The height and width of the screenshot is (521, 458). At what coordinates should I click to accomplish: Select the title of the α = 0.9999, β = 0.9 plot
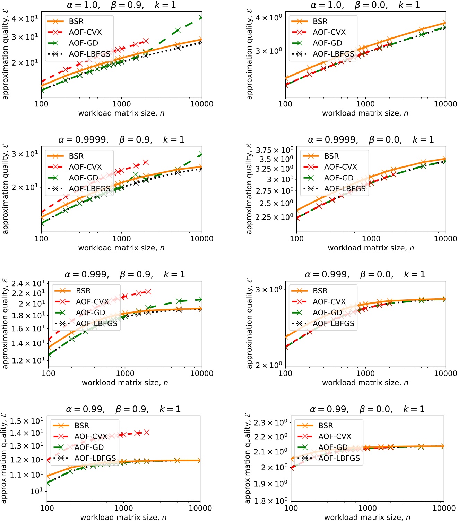121,140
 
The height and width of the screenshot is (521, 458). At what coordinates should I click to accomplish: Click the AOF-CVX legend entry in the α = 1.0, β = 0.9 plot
85,32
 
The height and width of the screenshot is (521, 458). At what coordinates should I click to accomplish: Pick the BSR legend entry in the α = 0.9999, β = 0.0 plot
331,156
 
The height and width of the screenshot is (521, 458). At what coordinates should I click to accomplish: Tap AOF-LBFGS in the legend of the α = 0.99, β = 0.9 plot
95,458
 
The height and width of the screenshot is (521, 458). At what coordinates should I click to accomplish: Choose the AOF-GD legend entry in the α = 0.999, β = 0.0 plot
327,313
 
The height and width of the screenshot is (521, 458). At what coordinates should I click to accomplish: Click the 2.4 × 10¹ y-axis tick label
28,284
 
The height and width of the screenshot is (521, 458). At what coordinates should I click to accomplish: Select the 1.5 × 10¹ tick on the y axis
27,421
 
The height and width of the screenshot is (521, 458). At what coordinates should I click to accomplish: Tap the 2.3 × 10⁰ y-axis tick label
270,423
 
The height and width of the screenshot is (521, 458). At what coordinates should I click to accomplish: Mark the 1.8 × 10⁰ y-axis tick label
270,501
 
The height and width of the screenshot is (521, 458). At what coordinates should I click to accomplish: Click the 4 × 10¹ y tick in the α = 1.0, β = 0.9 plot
25,18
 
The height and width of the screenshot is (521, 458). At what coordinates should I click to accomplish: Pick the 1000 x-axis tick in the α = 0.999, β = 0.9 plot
125,374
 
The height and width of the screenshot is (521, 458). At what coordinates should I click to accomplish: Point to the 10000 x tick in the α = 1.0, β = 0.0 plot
446,104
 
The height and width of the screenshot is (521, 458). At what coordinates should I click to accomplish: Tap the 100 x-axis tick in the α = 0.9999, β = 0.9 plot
42,239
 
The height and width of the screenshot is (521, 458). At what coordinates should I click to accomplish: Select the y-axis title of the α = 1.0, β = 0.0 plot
249,54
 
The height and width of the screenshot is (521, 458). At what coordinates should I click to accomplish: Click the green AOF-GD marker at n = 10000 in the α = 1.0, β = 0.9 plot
201,18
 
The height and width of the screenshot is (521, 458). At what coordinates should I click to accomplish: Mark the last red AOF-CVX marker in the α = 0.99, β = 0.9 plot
146,432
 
